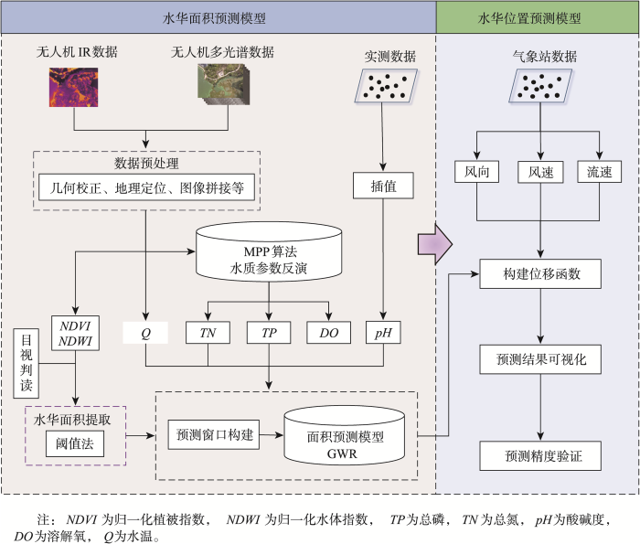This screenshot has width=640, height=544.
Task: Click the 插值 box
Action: coord(383,186)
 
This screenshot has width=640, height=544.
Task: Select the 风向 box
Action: coord(476,171)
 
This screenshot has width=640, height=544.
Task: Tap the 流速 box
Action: coord(599,171)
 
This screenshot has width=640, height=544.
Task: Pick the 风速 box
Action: coord(540,172)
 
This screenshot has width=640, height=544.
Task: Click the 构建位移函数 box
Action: coord(540,274)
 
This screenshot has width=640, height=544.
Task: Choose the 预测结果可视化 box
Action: coord(540,359)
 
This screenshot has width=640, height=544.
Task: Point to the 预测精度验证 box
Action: coord(540,455)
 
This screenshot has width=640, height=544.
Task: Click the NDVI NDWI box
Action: coord(75,333)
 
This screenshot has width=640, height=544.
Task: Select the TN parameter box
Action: coord(208,333)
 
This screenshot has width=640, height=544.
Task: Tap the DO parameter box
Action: coord(328,333)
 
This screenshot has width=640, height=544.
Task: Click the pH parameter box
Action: coord(383,333)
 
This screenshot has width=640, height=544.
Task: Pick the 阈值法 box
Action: coord(75,443)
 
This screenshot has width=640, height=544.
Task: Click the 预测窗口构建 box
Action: coord(214,434)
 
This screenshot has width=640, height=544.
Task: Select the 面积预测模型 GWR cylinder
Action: coord(345,435)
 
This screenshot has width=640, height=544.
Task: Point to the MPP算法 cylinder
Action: coord(269,251)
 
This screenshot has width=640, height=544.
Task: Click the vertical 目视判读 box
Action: coord(27,363)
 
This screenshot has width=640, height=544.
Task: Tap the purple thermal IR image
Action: coord(73,88)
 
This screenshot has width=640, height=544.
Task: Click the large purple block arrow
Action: coord(434,244)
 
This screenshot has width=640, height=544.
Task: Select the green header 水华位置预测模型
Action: coord(538,17)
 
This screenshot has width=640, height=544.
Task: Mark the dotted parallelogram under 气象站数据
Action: coord(540,86)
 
